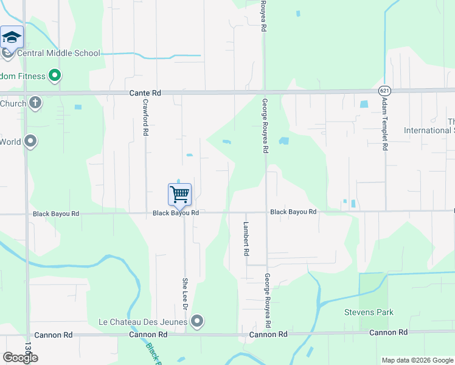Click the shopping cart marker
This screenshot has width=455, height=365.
point(179,195)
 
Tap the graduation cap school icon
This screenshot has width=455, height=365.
point(12,38)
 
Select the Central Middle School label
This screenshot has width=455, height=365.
point(58,54)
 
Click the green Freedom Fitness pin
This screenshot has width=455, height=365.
point(55,76)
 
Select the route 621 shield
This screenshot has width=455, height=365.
point(383,90)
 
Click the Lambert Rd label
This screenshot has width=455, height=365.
point(246,238)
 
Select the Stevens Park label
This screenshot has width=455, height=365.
point(369,313)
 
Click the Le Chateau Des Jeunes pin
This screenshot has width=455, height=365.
point(196,321)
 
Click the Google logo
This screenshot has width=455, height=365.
point(20,358)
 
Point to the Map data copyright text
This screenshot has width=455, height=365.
point(417,360)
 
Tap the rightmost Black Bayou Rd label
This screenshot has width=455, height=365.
point(293,212)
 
